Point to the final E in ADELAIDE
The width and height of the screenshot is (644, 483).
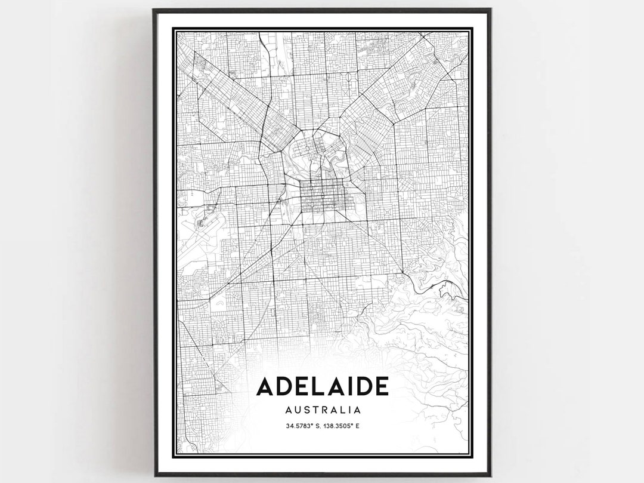click(x=381, y=386)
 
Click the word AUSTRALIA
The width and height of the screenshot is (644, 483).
click(x=323, y=410)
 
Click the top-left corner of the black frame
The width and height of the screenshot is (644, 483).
click(x=154, y=10)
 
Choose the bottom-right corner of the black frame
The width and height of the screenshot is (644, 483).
click(x=490, y=474)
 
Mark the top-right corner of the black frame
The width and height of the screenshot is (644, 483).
click(x=490, y=10)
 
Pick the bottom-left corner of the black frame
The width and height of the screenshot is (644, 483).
click(x=154, y=474)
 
